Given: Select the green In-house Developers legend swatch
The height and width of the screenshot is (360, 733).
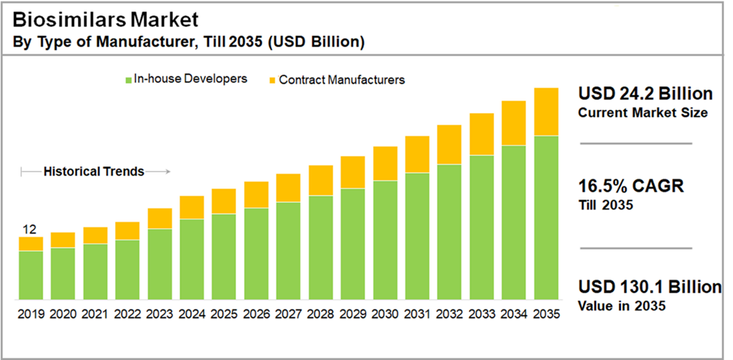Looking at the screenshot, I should (x=128, y=79).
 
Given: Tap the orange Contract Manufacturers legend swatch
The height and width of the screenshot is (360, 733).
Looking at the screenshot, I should (x=273, y=79).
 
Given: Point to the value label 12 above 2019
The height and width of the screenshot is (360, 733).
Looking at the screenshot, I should (x=30, y=229).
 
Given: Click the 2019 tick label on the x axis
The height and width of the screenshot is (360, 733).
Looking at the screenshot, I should (x=31, y=314).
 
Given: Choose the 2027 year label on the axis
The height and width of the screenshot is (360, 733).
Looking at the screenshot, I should (x=288, y=314).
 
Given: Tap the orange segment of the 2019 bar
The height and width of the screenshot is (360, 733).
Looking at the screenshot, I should (x=31, y=243).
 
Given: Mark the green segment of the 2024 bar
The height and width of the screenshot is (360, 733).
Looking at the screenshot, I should (x=191, y=259).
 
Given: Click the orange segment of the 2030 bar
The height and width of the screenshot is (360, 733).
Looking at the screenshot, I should (x=385, y=163).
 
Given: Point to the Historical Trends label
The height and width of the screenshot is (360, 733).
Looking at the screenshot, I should (x=94, y=172).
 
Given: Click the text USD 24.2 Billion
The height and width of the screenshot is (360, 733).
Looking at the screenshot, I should (x=645, y=95).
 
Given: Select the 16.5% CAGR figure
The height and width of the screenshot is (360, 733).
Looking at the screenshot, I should (x=630, y=186).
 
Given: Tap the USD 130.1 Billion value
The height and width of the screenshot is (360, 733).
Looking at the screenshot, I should (x=649, y=287).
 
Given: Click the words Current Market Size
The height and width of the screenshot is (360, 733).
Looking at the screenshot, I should (x=643, y=113).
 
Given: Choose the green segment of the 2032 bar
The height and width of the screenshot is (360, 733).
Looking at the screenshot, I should (x=449, y=231).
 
